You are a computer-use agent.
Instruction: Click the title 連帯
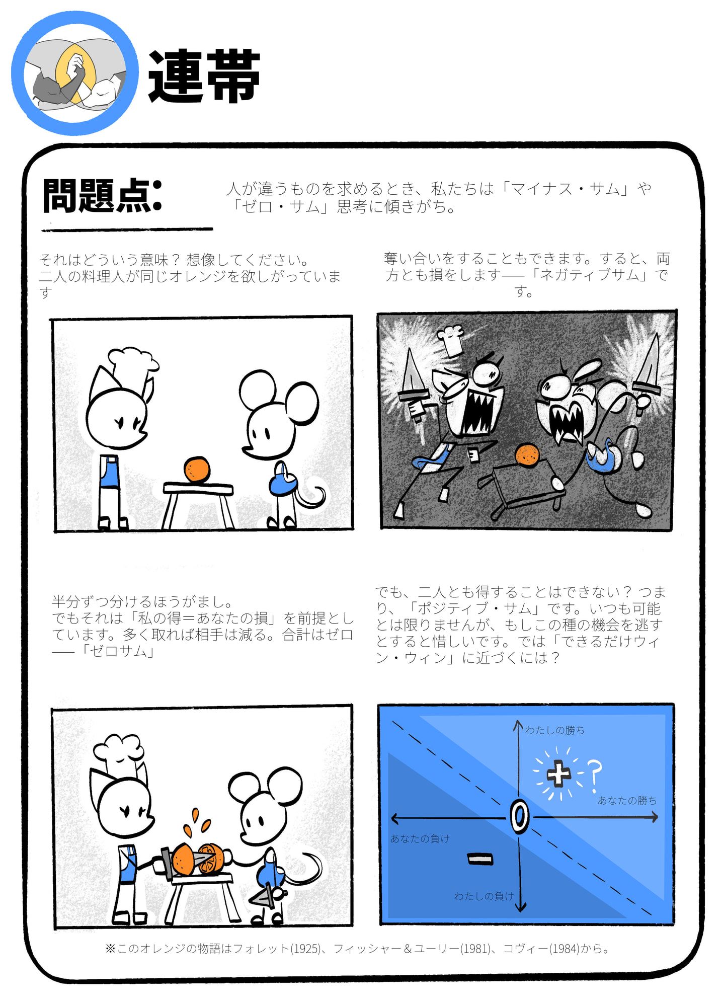coord(204,76)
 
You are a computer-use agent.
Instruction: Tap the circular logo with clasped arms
coord(75,73)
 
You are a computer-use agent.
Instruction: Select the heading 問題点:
coord(102,195)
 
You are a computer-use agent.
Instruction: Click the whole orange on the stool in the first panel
coord(196,470)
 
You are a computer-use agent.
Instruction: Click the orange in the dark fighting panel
coord(527,454)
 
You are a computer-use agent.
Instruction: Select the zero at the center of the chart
coord(520,817)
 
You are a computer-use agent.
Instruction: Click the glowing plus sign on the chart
coord(558,772)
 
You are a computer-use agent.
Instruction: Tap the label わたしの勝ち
coord(555,730)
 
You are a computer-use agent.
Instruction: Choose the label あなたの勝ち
coord(627,800)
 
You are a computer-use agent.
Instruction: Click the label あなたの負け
coord(420,838)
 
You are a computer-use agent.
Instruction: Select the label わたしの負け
coord(484,896)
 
